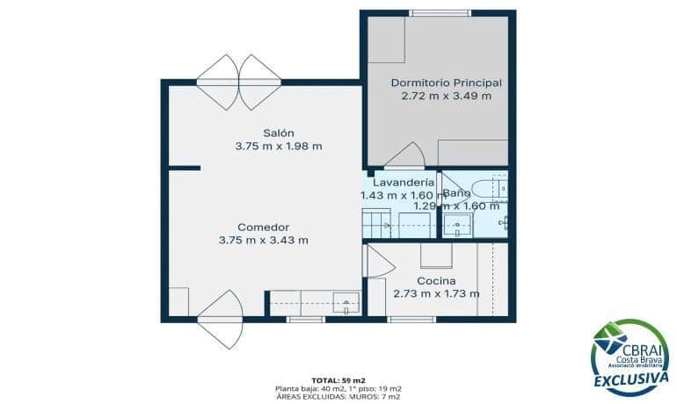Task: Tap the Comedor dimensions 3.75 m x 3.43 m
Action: pos(263,240)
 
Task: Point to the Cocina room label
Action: pos(435,280)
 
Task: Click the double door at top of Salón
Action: pos(238,82)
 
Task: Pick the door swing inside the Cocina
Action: pos(378,263)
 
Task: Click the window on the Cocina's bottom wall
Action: pos(411,319)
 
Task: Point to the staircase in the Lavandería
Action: pos(375,224)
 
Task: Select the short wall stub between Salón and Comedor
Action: pos(185,168)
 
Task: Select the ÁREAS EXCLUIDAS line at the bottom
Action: pos(338,396)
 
